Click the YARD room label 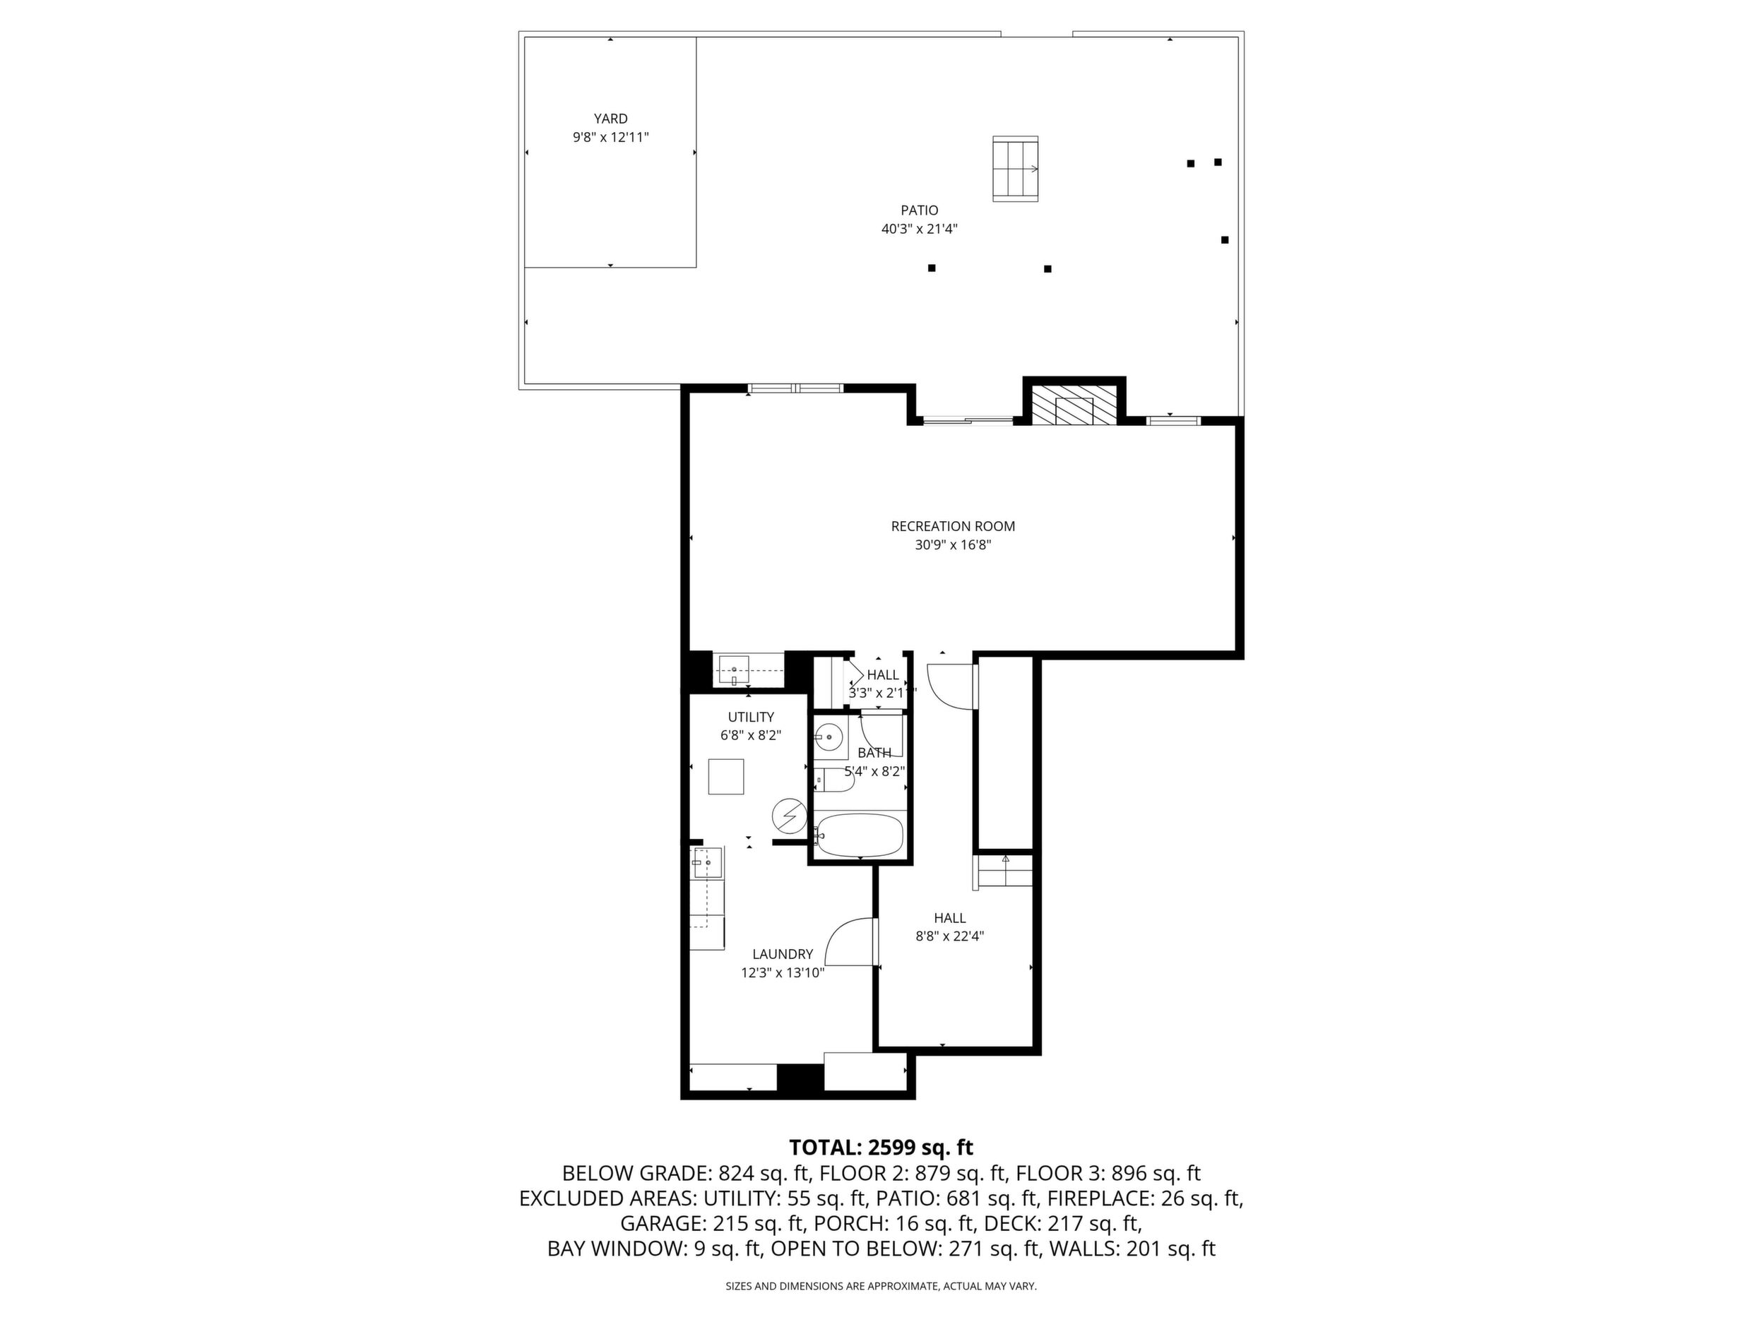pos(610,119)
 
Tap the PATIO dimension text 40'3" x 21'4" pos(919,229)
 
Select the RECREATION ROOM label pos(952,526)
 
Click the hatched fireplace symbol pos(1074,405)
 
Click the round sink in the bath pos(829,737)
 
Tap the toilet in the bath pos(834,780)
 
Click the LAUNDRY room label pos(783,954)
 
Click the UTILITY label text pos(751,717)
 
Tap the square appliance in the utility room pos(726,777)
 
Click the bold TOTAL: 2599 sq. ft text pos(881,1148)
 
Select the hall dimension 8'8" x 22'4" pos(950,936)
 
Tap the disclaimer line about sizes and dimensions pos(881,1286)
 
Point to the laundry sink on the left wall pos(707,862)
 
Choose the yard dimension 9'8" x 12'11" pos(610,137)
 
